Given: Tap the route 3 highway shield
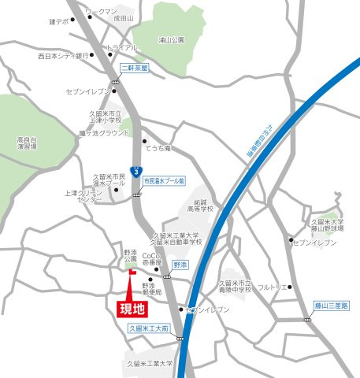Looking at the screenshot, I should click(138, 170).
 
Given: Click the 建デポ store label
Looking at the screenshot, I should click(59, 21).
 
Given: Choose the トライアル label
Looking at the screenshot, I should click(121, 46).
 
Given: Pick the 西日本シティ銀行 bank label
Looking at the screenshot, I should click(63, 57).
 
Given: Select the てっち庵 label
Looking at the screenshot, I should click(162, 147).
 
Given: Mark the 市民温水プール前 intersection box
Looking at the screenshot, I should click(163, 180).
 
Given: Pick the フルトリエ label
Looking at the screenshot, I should click(270, 287).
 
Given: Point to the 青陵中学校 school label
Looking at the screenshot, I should click(234, 286).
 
